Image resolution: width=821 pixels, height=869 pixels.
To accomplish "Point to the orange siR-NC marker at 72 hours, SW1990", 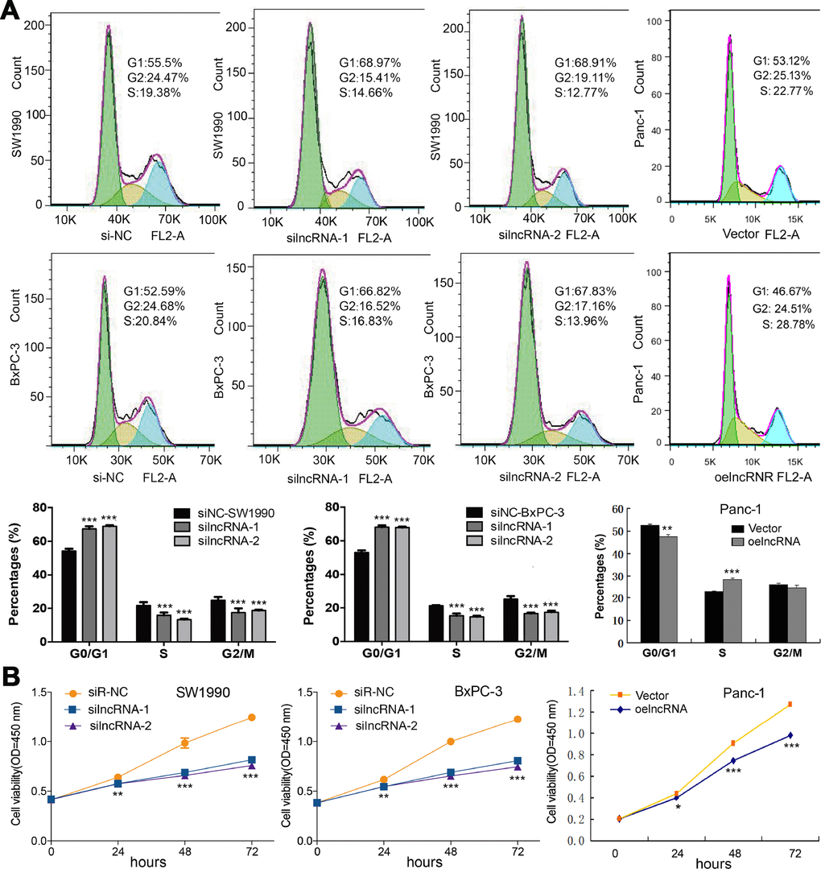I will [x=252, y=717].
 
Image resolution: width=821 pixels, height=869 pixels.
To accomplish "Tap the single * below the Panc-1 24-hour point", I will [x=678, y=806].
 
